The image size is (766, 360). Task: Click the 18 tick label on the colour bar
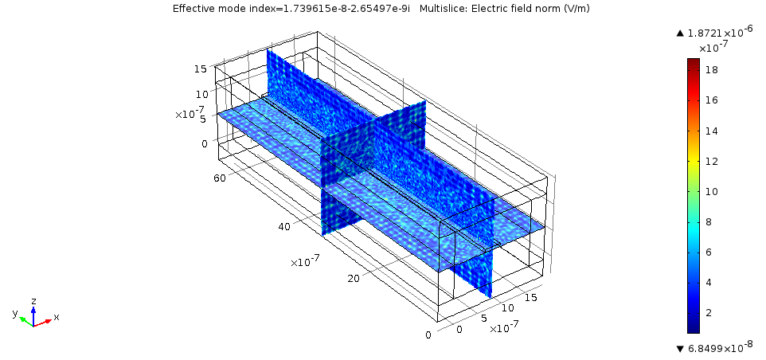click(x=711, y=70)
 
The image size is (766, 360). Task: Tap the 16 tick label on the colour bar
click(x=711, y=100)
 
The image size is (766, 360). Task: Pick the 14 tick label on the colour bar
click(x=711, y=131)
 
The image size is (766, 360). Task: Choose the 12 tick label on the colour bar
click(x=711, y=161)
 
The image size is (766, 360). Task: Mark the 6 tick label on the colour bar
click(x=709, y=252)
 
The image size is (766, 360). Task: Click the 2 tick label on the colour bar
click(x=709, y=312)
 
